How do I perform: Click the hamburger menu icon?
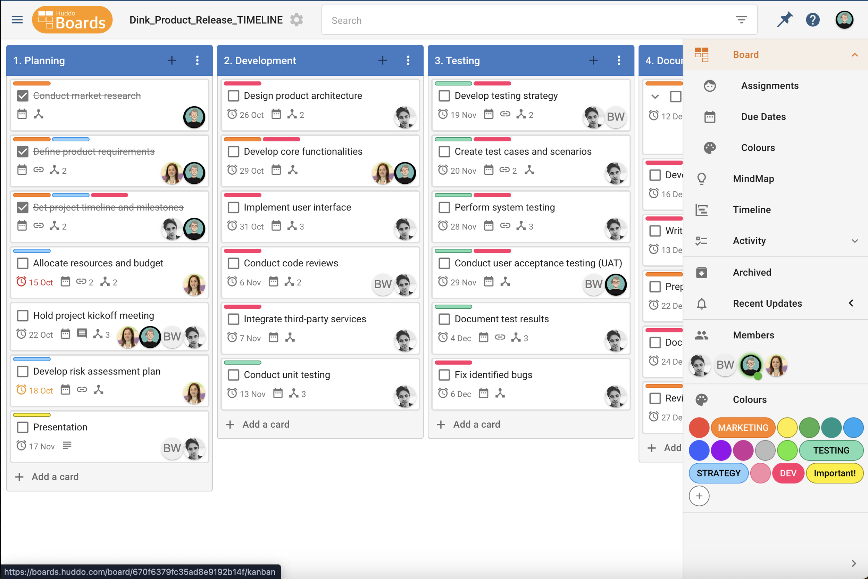coord(17,20)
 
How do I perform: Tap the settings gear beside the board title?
coord(297,20)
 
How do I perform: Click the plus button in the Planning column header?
coord(172,60)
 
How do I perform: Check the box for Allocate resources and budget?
coord(23,263)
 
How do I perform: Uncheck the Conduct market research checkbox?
coord(23,96)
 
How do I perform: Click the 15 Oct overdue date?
coord(40,282)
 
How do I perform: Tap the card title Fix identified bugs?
coord(493,375)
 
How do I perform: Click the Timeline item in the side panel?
coord(751,210)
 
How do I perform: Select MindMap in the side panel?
coord(753,179)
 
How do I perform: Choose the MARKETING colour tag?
coord(743,428)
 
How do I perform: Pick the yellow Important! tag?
coord(834,473)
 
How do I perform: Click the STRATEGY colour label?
coord(718,473)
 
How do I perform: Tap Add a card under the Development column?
coord(265,424)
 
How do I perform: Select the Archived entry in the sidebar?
coord(752,273)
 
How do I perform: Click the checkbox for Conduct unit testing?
coord(234,375)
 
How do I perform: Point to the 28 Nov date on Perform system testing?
coord(463,227)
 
